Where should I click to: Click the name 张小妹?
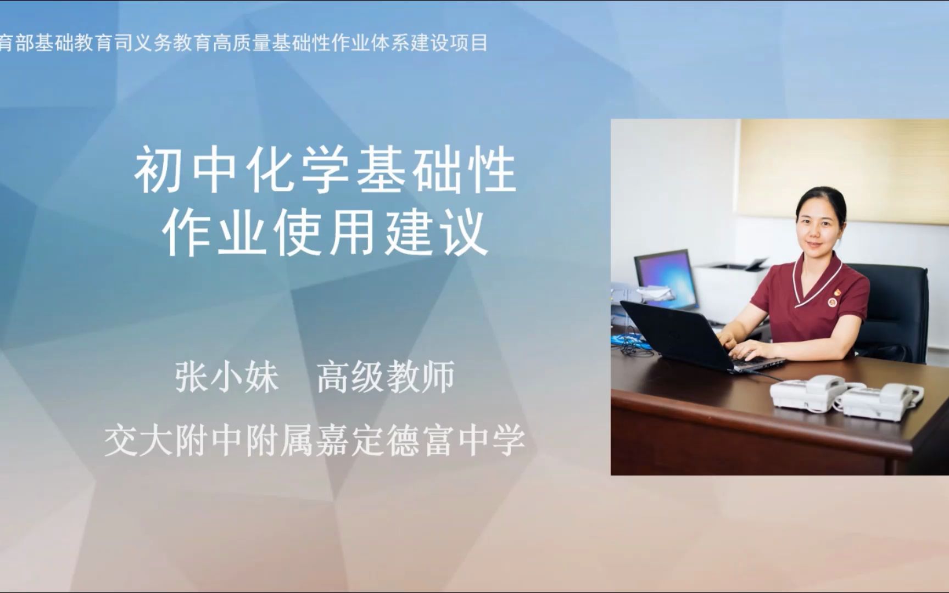227,377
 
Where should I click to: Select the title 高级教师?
386,377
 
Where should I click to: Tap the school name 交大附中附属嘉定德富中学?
315,440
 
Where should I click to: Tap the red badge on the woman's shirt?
833,301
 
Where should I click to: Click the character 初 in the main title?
157,171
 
